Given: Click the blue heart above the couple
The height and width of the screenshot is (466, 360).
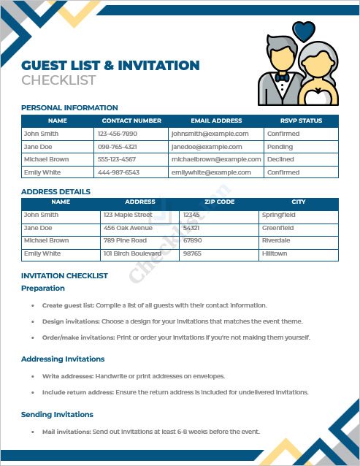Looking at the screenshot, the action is click(303, 31).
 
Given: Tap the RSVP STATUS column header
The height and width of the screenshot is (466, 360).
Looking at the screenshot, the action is click(301, 121).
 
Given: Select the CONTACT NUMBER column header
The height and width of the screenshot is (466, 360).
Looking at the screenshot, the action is click(131, 121).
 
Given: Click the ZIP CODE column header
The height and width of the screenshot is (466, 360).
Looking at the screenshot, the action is click(220, 202).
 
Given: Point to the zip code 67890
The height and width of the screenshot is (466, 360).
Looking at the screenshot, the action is click(192, 240).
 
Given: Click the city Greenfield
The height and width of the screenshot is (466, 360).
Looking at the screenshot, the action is click(277, 228).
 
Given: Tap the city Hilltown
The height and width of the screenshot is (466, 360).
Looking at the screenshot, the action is click(275, 253).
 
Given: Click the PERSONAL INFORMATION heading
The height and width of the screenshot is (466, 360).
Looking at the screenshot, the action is click(69, 107).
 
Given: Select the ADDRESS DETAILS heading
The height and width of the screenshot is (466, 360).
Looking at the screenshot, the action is click(56, 191).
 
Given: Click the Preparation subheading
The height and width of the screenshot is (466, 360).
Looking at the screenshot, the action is click(43, 289).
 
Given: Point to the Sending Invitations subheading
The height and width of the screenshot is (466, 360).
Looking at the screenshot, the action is click(57, 415).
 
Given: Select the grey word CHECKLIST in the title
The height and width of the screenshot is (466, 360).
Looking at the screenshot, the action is click(58, 80).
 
